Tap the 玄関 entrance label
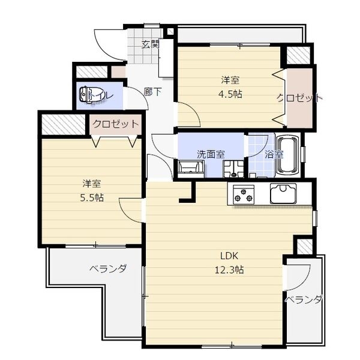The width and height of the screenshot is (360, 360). coord(151,44)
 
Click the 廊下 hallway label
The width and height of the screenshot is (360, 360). coord(153,92)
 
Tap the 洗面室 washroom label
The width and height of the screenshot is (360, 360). coord(211,154)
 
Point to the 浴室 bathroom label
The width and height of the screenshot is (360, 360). coord(274,154)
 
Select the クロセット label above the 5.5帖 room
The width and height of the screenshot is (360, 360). coord(115,124)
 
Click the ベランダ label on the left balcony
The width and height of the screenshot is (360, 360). coord(108,268)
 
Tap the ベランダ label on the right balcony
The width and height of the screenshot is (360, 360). coord(303,299)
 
